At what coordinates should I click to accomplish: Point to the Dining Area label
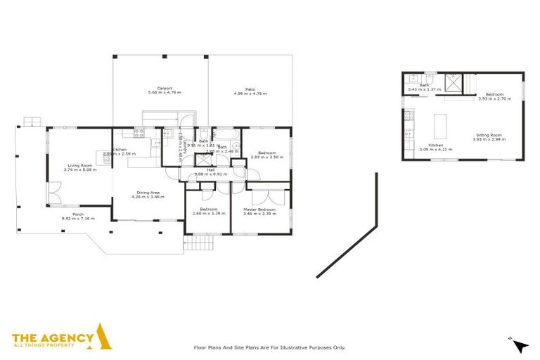click(148, 193)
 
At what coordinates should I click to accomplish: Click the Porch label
click(78, 214)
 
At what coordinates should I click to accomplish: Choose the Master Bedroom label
click(259, 209)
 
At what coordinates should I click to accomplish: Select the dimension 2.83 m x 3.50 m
click(266, 157)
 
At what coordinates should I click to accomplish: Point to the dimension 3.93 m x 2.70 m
click(492, 98)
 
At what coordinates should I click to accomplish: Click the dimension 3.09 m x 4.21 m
click(436, 150)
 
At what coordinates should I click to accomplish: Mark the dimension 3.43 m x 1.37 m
click(423, 89)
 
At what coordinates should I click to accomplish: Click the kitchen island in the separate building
click(441, 126)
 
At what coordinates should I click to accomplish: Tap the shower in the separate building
click(454, 82)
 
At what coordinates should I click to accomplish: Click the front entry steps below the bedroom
click(193, 244)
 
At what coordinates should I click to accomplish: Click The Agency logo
click(63, 338)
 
